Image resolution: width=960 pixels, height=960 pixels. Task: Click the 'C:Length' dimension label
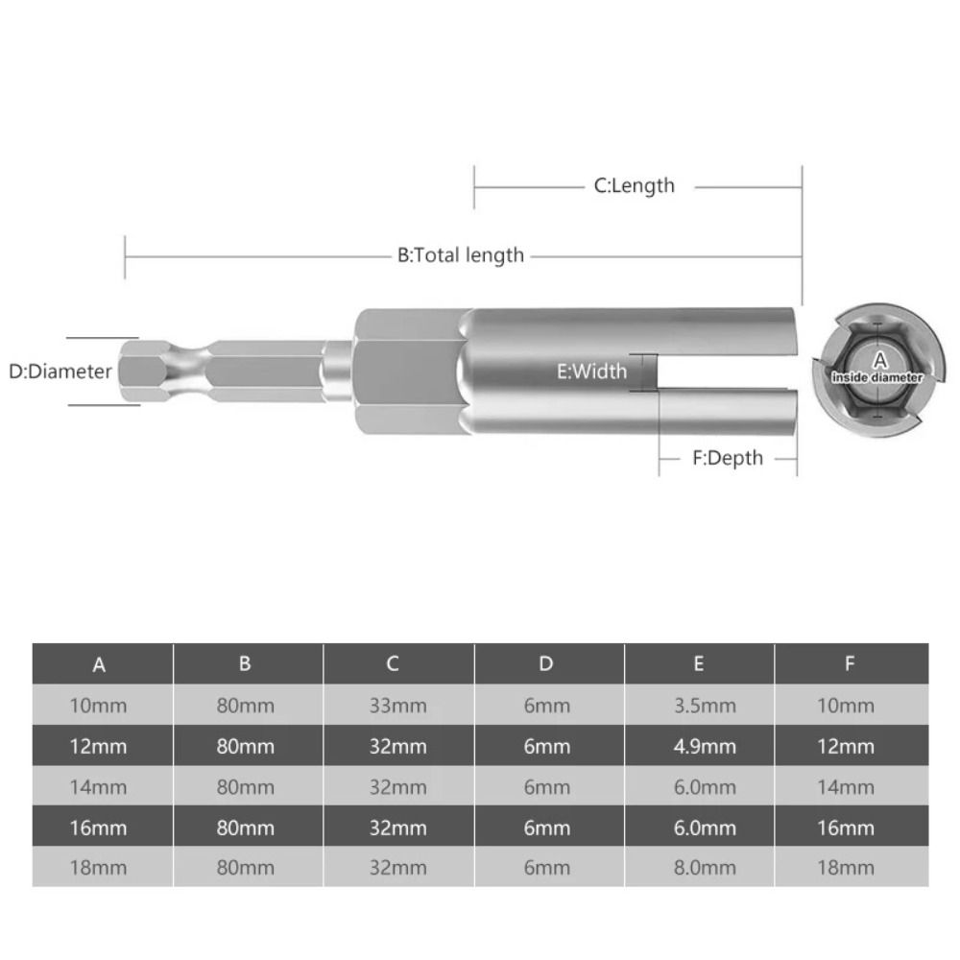[x=634, y=185]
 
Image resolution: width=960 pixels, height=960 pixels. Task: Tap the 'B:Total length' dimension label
[x=461, y=255]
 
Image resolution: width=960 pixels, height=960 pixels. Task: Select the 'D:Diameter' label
[x=60, y=372]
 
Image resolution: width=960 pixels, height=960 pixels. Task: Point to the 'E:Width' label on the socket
[x=591, y=371]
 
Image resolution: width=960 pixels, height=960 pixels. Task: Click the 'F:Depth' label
[x=728, y=458]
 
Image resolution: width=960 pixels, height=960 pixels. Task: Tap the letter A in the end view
[x=879, y=360]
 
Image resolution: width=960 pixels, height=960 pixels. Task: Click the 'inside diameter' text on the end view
[x=878, y=378]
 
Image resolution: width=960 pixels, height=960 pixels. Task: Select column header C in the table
[x=393, y=663]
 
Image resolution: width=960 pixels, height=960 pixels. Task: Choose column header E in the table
[x=698, y=663]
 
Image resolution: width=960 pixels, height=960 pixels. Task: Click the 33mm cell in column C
[x=397, y=706]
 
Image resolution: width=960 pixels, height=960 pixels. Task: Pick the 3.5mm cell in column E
[x=705, y=706]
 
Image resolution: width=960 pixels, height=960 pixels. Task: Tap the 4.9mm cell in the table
[x=705, y=746]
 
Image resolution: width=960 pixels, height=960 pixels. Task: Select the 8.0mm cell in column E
[x=705, y=867]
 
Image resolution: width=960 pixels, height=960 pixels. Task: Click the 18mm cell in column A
[x=98, y=867]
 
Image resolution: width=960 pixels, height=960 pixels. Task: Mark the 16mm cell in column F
[x=846, y=828]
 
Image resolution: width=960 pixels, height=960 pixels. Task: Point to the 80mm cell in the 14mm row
[x=246, y=787]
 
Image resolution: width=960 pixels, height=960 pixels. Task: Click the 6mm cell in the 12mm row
[x=547, y=746]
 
